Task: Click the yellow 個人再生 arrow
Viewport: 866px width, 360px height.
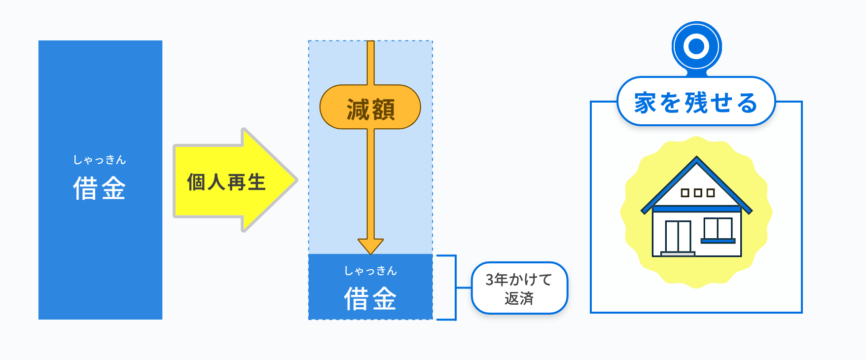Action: pos(232,181)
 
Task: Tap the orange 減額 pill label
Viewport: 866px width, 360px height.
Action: pos(370,108)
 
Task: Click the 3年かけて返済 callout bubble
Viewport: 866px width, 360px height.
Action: pos(519,288)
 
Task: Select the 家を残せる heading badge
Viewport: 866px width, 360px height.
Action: pos(696,102)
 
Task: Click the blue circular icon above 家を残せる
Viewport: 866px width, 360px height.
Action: pos(696,46)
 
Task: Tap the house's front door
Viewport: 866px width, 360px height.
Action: pos(678,236)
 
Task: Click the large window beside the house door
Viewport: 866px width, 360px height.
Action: pos(718,229)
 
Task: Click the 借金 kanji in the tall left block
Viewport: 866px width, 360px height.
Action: pos(100,188)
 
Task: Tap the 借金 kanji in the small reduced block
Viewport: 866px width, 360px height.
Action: pos(370,299)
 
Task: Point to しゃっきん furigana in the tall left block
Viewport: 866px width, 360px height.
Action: pos(100,160)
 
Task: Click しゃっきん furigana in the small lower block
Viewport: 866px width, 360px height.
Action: pos(370,271)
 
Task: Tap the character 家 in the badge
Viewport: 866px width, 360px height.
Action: pos(645,103)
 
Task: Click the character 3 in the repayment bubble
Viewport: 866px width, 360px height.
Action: pos(490,280)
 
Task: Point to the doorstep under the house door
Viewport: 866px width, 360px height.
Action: pos(678,254)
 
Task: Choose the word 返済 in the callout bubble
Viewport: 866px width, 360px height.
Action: pos(519,298)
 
